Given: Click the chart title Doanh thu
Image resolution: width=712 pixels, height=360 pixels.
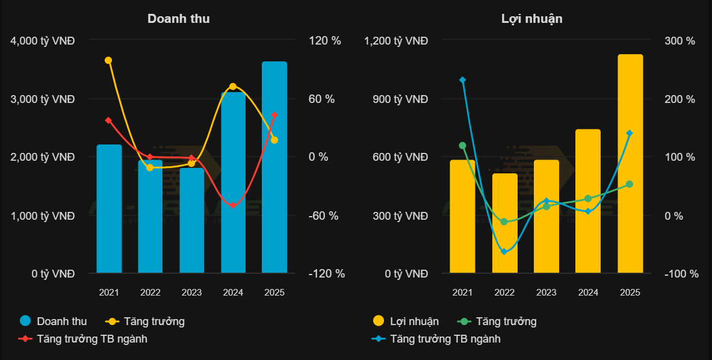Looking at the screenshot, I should pos(179,19).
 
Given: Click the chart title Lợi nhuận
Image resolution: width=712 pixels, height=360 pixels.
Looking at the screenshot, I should pos(531,19).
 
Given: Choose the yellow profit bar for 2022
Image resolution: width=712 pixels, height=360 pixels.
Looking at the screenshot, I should pos(504,223).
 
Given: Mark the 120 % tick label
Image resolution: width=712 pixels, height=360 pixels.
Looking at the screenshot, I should pos(324,41).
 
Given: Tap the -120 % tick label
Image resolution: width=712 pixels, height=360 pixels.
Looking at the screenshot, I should pos(327,274).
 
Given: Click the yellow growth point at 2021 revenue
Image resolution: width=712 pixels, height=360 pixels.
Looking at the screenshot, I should pos(108,60).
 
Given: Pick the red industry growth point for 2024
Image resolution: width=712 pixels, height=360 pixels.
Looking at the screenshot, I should pos(233,206).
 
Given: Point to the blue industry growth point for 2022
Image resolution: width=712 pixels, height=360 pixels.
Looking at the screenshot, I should pos(504,252).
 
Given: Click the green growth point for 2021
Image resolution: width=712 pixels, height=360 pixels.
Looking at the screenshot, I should pos(462,146).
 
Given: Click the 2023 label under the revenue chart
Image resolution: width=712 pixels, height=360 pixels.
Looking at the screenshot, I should pos(191,293).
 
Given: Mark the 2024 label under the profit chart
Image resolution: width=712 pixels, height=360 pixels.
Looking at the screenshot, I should pos(588,293).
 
